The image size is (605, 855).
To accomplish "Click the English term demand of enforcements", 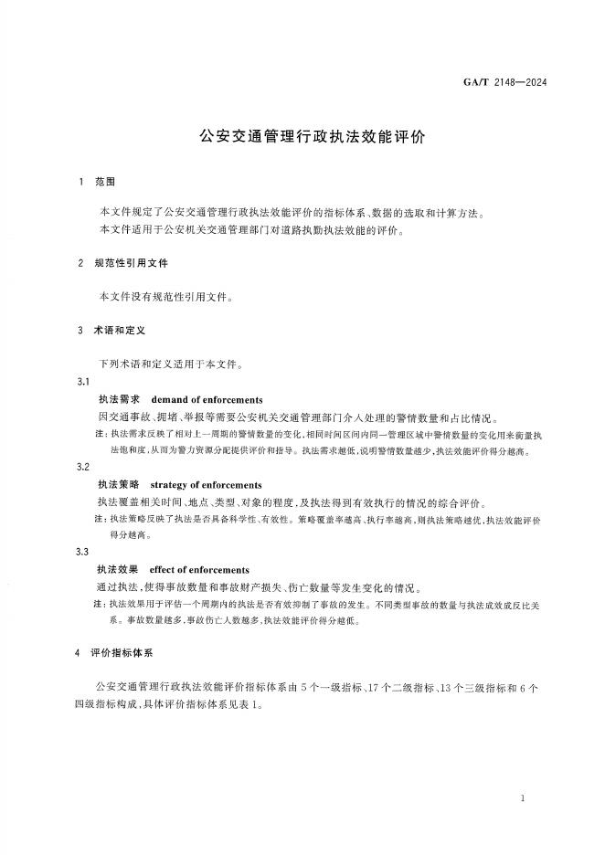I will (x=206, y=400).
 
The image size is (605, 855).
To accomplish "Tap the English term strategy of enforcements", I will (x=206, y=485).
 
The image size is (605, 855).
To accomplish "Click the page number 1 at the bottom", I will (x=521, y=799).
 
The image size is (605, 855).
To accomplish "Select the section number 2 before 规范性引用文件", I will (x=81, y=263).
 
